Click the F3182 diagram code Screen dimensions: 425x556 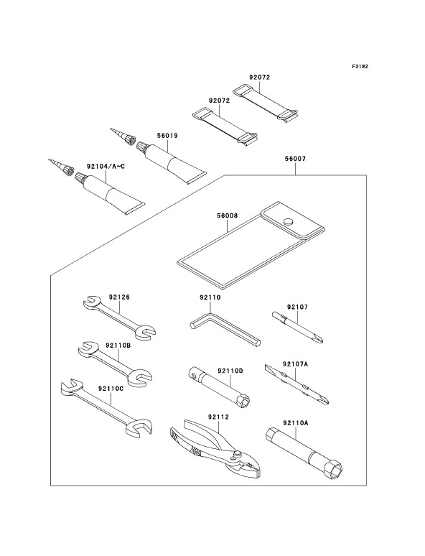click(x=360, y=66)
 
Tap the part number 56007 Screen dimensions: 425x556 click(x=294, y=159)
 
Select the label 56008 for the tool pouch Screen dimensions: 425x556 click(x=227, y=216)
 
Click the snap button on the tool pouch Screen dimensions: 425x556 click(x=289, y=222)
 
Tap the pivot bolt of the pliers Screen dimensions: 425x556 click(x=238, y=453)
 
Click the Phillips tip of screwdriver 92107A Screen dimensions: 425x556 click(x=324, y=401)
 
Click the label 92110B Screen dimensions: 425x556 click(x=118, y=345)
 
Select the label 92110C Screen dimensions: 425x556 click(x=111, y=389)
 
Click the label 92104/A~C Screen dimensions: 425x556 click(x=106, y=166)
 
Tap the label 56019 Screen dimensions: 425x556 click(x=167, y=136)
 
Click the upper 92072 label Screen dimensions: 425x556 click(x=259, y=77)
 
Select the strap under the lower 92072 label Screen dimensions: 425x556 click(x=225, y=125)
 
